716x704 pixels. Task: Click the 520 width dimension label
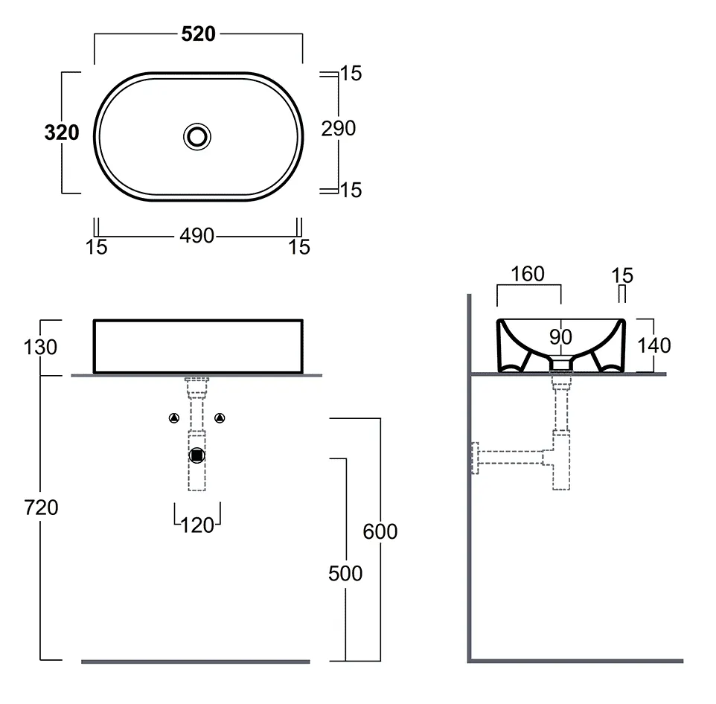[x=198, y=33]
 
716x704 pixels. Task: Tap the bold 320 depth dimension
[x=62, y=132]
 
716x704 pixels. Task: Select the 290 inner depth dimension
[x=339, y=128]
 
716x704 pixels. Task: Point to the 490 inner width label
[x=196, y=236]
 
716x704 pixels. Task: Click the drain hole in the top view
[x=197, y=136]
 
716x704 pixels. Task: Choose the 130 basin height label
[x=40, y=347]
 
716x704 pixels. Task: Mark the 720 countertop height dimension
[x=41, y=508]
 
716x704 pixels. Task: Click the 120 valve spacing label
[x=197, y=525]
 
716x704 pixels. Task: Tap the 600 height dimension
[x=380, y=531]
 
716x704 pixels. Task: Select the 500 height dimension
[x=345, y=574]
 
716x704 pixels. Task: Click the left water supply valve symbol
[x=174, y=417]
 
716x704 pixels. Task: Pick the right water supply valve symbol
[x=220, y=417]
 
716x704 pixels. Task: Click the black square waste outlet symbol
[x=196, y=455]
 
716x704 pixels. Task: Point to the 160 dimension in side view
[x=528, y=274]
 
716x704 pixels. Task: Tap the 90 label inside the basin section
[x=560, y=337]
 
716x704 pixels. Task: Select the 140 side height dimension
[x=654, y=345]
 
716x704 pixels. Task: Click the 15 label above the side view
[x=622, y=275]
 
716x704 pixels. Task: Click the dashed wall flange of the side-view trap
[x=475, y=458]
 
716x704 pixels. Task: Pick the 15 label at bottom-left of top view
[x=96, y=247]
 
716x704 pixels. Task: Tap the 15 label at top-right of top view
[x=351, y=74]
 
